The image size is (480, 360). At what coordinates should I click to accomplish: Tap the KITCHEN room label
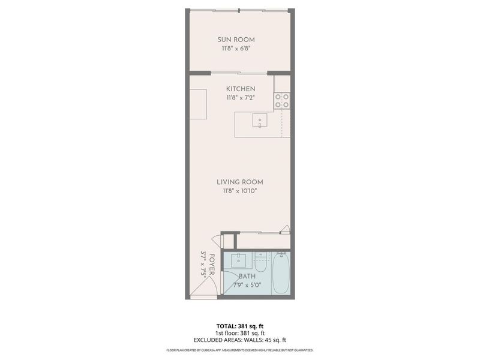240,89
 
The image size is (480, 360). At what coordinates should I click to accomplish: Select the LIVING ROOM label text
240,182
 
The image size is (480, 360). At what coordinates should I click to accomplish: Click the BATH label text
247,277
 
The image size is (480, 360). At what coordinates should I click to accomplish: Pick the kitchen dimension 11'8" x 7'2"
240,97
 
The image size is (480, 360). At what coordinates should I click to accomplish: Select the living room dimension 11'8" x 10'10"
240,191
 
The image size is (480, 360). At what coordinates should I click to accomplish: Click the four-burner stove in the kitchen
282,100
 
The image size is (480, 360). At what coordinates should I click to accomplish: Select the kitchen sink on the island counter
260,120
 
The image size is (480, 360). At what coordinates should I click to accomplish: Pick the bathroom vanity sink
239,260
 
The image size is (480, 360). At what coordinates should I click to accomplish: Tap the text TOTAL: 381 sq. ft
240,326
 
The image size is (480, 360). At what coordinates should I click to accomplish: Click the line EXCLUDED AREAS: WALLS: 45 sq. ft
240,340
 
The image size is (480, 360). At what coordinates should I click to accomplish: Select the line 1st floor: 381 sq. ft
240,333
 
